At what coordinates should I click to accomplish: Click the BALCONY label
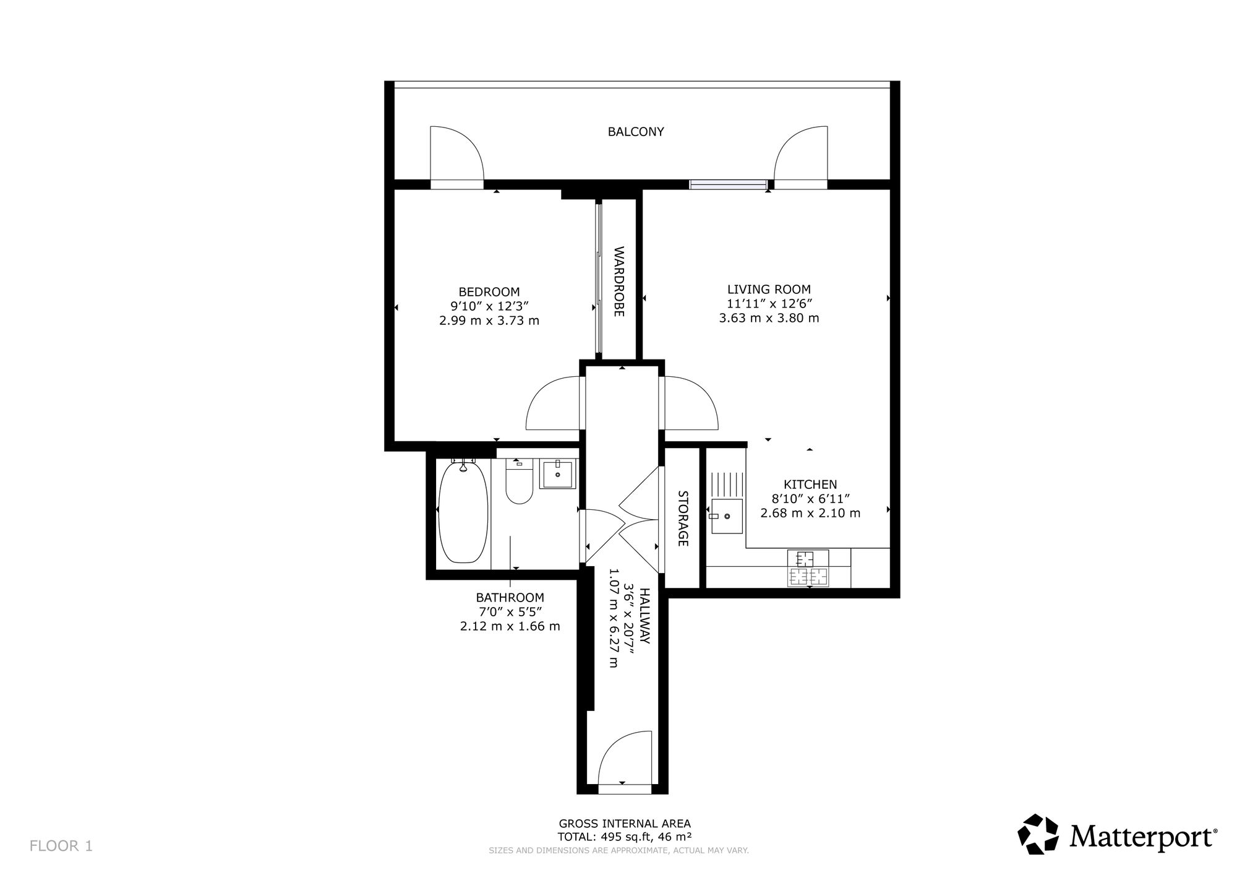636,132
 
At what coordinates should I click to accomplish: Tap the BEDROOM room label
489,292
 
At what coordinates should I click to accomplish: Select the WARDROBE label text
619,282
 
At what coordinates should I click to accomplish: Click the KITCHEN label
810,485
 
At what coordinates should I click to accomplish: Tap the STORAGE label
683,519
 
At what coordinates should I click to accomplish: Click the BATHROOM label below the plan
510,598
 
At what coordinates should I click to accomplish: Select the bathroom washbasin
559,474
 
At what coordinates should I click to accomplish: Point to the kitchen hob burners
808,568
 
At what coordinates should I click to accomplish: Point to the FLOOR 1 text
61,846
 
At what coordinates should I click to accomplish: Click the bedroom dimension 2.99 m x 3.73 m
489,321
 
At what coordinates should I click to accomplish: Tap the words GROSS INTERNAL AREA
625,824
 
